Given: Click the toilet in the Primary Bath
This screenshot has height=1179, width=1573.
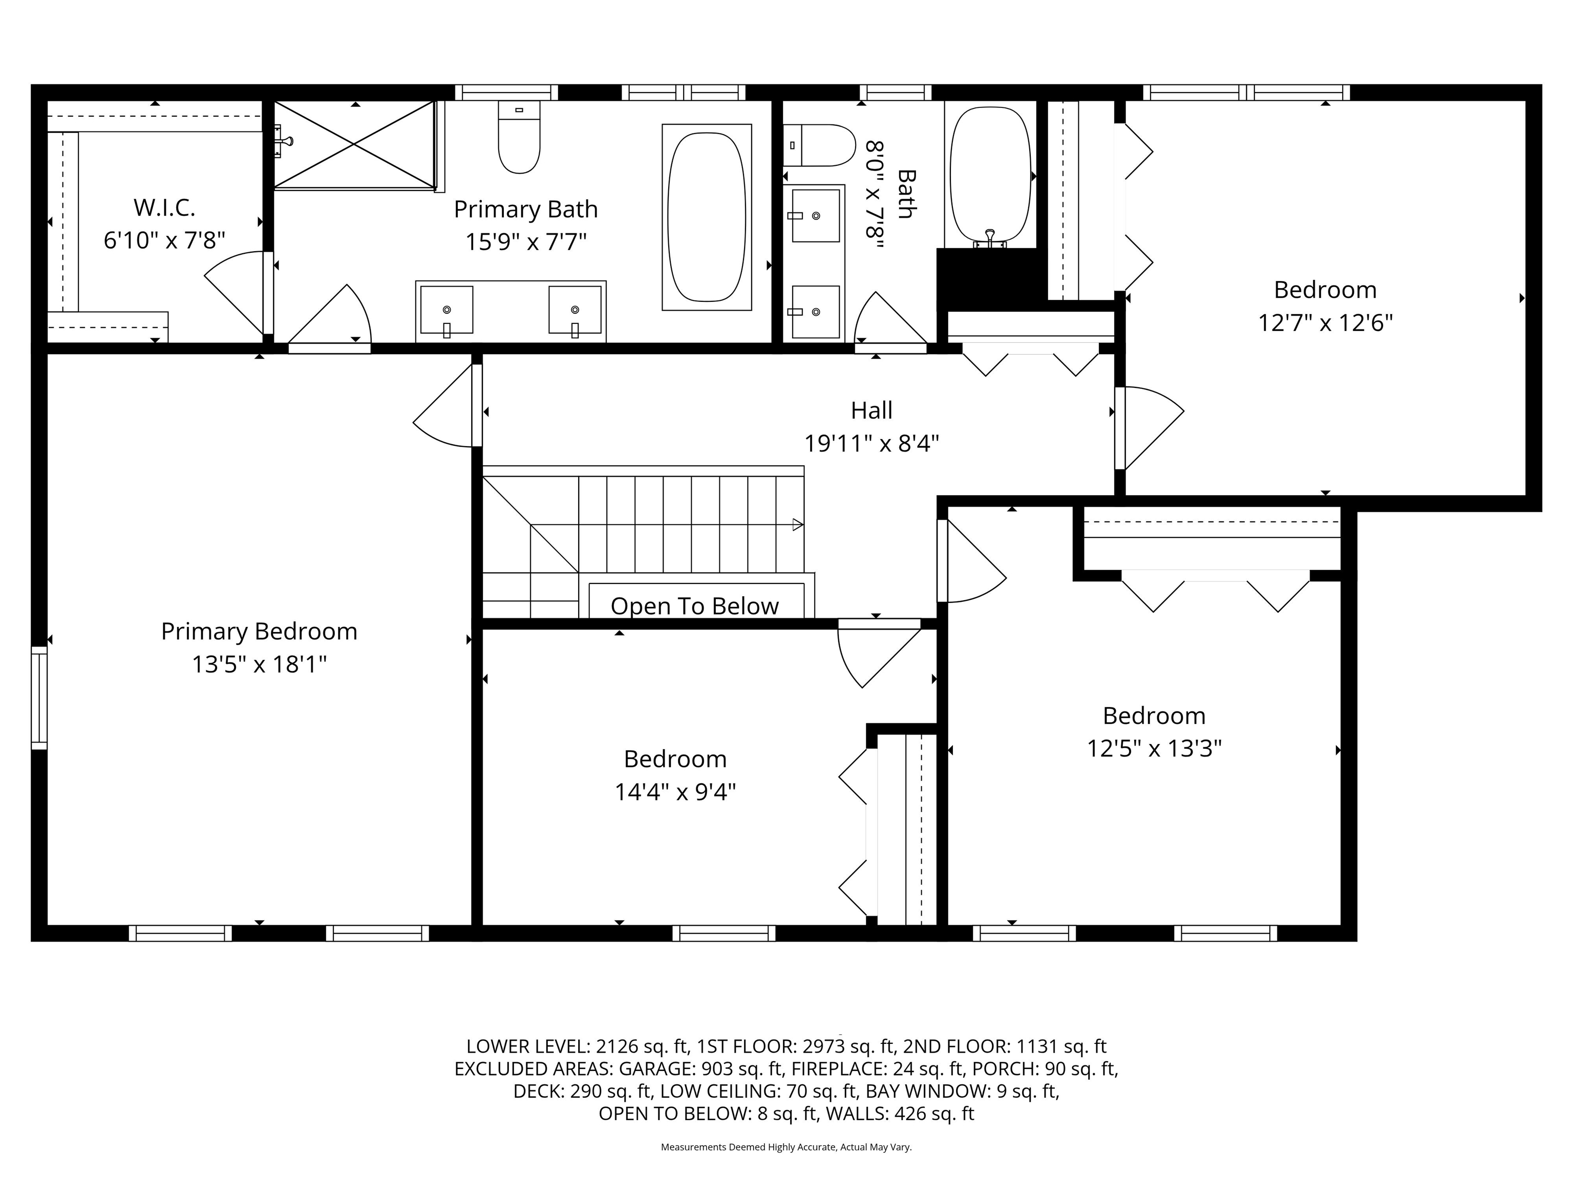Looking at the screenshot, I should [x=519, y=139].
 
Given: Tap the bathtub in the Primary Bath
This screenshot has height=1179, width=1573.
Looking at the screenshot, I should [x=707, y=217].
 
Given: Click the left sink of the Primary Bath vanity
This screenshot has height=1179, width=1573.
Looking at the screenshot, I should [x=447, y=310].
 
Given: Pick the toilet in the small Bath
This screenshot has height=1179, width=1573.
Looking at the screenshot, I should [x=819, y=145].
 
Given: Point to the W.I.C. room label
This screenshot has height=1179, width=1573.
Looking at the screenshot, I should [x=164, y=208].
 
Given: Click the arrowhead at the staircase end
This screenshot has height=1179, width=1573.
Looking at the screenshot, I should [x=798, y=525].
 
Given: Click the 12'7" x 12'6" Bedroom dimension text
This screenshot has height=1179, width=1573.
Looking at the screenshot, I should [x=1325, y=323].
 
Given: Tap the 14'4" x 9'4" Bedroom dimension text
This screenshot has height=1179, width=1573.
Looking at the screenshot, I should [x=675, y=791].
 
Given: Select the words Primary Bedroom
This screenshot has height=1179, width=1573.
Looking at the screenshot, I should [x=259, y=631].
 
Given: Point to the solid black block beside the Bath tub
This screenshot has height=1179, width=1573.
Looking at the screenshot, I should [x=987, y=277].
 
